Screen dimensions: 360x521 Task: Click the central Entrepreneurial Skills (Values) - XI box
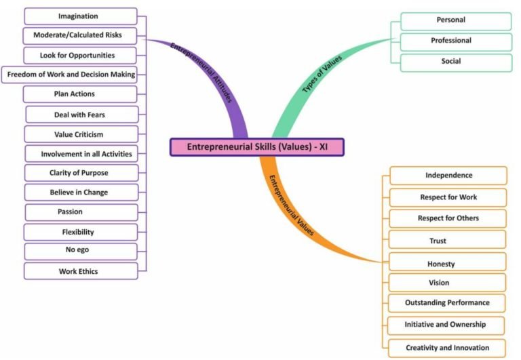coord(257,147)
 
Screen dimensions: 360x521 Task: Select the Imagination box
coord(80,16)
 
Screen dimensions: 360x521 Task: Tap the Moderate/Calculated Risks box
coord(80,35)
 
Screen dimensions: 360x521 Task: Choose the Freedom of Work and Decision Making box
coord(71,74)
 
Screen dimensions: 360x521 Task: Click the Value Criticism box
coord(81,134)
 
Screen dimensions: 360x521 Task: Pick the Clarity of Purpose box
coord(81,173)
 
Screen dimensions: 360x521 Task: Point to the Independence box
coord(448,176)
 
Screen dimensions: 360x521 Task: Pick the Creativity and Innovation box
coord(448,348)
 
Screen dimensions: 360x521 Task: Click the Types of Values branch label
coord(322,75)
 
